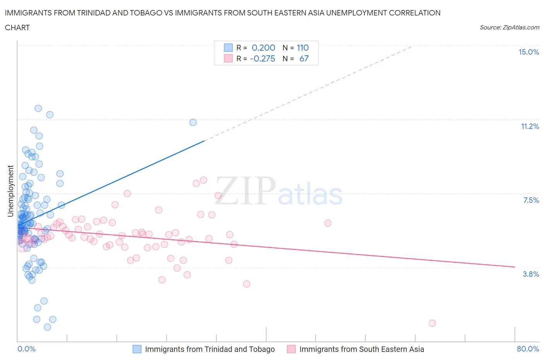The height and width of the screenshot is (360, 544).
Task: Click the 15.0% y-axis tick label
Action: coord(529,52)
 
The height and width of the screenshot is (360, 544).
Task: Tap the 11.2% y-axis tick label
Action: coord(530,126)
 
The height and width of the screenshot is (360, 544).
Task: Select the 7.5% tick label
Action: coord(531,200)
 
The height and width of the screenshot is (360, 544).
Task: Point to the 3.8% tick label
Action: coord(531,274)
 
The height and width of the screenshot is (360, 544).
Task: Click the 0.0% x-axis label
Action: coord(26,349)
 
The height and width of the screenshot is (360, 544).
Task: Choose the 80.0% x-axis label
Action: coord(528,349)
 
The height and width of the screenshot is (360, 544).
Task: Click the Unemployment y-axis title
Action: coord(10,191)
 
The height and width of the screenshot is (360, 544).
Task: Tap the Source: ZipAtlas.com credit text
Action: coord(509,27)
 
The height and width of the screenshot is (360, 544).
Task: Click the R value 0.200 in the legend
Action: coord(263,48)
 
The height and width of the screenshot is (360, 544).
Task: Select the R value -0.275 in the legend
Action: coord(262,58)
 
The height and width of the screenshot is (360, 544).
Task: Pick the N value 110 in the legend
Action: coord(303,48)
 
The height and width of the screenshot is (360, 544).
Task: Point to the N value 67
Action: coord(304,58)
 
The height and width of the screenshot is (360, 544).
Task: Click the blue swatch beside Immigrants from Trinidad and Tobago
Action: coord(137,349)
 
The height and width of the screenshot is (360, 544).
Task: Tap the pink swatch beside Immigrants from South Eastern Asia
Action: coord(291,349)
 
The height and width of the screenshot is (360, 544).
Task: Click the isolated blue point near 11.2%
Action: coord(193,122)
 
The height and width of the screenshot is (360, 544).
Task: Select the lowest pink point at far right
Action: coord(432,323)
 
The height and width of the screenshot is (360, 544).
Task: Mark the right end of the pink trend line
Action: coord(515,267)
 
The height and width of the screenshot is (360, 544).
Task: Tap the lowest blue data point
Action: coord(47,327)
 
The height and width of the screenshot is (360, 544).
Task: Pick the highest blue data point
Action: coord(38,108)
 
